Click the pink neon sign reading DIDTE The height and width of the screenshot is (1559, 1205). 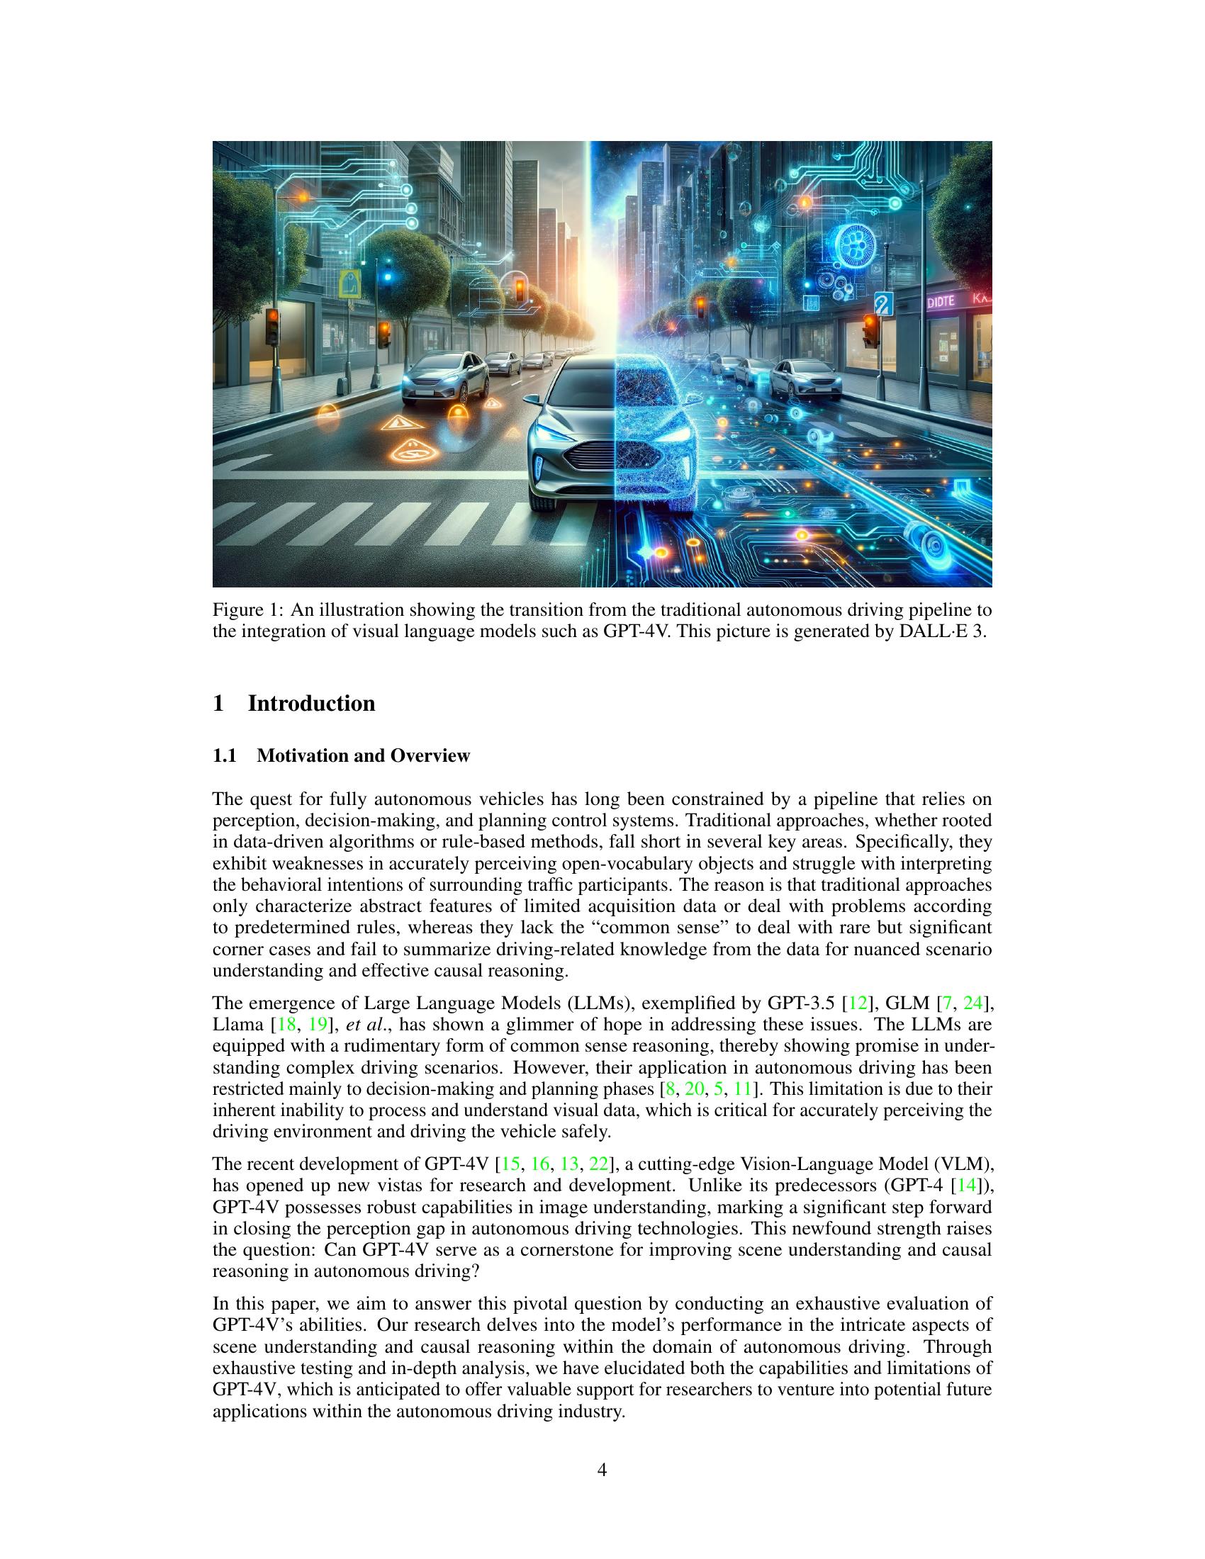click(940, 303)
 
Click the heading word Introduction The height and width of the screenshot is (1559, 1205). click(311, 703)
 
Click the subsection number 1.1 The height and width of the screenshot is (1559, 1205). click(225, 755)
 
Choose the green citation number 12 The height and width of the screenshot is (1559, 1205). click(856, 1003)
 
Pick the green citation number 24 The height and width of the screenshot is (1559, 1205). click(973, 1003)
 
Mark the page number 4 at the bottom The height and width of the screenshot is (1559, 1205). click(602, 1470)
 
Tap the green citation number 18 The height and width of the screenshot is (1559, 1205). click(286, 1025)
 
